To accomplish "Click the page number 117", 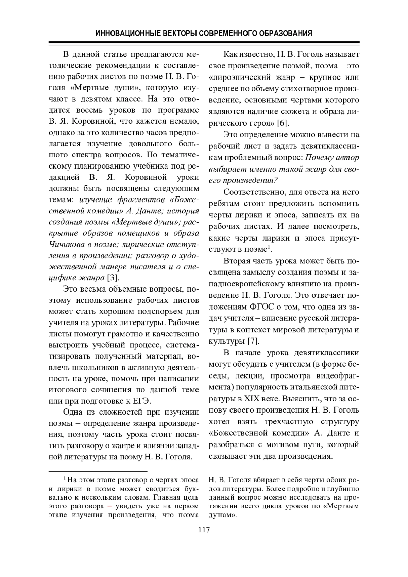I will coord(204,530).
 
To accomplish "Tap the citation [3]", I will coord(113,278).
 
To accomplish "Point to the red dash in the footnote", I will coord(109,506).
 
